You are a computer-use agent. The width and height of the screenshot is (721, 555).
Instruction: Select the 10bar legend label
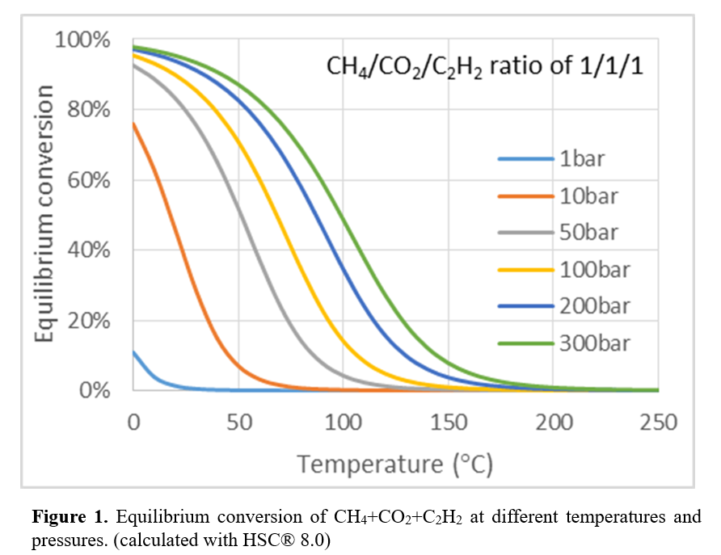pos(588,196)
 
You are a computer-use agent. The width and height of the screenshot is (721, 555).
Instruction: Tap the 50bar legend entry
pos(588,233)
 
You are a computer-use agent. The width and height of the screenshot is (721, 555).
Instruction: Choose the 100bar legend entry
pos(593,269)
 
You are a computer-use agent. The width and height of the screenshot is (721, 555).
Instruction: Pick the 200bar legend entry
pos(593,306)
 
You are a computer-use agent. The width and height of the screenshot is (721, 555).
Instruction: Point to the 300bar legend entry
pos(593,343)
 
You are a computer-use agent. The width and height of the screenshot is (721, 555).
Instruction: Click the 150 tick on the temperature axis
pos(449,422)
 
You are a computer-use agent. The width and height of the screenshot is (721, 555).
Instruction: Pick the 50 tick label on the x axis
pos(238,422)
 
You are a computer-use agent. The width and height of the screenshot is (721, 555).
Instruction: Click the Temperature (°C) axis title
pos(394,465)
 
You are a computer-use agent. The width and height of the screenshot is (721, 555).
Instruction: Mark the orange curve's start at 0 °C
pos(134,124)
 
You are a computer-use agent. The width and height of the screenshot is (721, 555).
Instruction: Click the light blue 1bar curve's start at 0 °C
pos(134,352)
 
